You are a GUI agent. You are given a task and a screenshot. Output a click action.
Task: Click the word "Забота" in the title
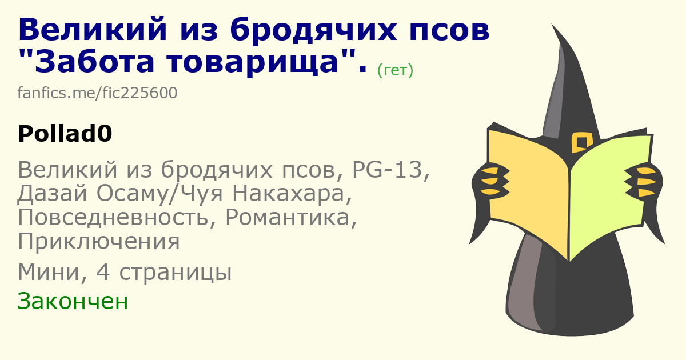click(94, 62)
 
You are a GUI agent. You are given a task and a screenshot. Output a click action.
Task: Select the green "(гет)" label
click(395, 70)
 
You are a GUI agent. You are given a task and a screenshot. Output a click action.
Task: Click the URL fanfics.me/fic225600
click(97, 93)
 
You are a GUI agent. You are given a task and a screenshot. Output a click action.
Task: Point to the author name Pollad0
click(65, 134)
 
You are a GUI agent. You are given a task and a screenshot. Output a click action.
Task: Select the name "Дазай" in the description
click(52, 194)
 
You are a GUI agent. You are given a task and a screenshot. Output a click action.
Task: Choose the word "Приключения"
click(98, 242)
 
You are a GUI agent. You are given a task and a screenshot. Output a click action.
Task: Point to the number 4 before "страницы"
click(103, 272)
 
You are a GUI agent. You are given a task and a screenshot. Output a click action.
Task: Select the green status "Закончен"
click(73, 301)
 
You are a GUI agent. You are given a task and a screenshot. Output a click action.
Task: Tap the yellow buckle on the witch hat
click(582, 142)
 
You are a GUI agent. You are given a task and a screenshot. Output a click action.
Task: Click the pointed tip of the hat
click(552, 24)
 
